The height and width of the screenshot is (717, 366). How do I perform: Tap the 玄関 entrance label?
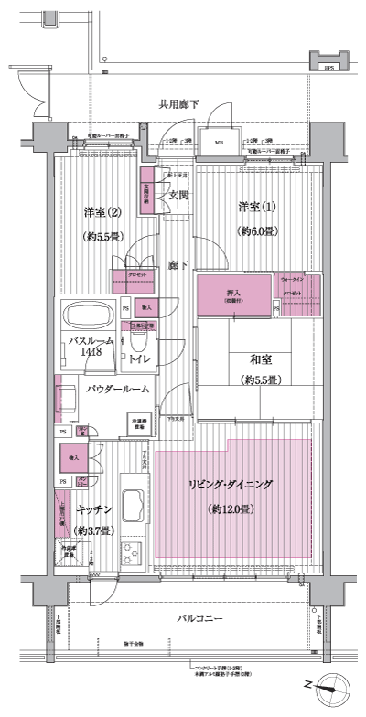click(x=178, y=195)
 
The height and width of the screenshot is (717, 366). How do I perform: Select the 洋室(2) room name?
click(x=102, y=212)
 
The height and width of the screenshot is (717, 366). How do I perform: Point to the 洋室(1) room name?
click(x=258, y=205)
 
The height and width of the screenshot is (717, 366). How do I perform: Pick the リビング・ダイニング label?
click(x=233, y=485)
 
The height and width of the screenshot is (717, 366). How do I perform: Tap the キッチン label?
click(x=94, y=508)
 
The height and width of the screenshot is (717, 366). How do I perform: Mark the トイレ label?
click(x=141, y=360)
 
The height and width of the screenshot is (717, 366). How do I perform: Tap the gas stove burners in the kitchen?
click(x=130, y=551)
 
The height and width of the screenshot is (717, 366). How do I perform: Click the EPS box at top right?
click(x=328, y=66)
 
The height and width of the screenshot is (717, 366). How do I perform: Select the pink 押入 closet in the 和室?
click(x=234, y=294)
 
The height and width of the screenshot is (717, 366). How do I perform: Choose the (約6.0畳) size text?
click(x=259, y=232)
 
